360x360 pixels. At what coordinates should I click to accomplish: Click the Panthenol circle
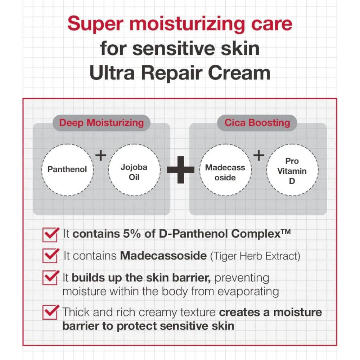point(67,169)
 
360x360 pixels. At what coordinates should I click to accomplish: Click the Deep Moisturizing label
point(101,123)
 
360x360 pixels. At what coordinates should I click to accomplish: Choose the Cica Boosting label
point(257,123)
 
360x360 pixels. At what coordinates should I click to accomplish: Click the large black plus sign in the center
point(180,170)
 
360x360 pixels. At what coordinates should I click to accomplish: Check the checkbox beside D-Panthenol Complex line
point(50,234)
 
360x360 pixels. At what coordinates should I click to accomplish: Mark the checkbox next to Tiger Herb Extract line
point(50,256)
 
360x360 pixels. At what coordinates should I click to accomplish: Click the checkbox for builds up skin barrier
point(50,277)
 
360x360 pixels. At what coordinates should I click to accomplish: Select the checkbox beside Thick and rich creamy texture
point(50,312)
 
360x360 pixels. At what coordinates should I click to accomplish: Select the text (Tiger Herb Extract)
point(255,256)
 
